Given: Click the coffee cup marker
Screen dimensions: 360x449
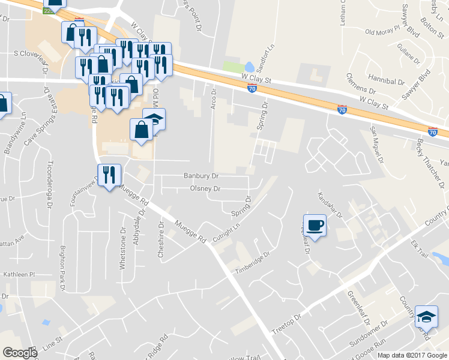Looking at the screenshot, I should [315, 225].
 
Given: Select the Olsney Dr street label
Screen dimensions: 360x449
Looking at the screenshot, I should [206, 188].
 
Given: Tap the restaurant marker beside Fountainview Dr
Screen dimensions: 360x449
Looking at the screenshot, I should [109, 175].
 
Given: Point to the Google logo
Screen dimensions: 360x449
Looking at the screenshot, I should [20, 353].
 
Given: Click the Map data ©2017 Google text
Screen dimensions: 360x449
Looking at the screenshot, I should [412, 355].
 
